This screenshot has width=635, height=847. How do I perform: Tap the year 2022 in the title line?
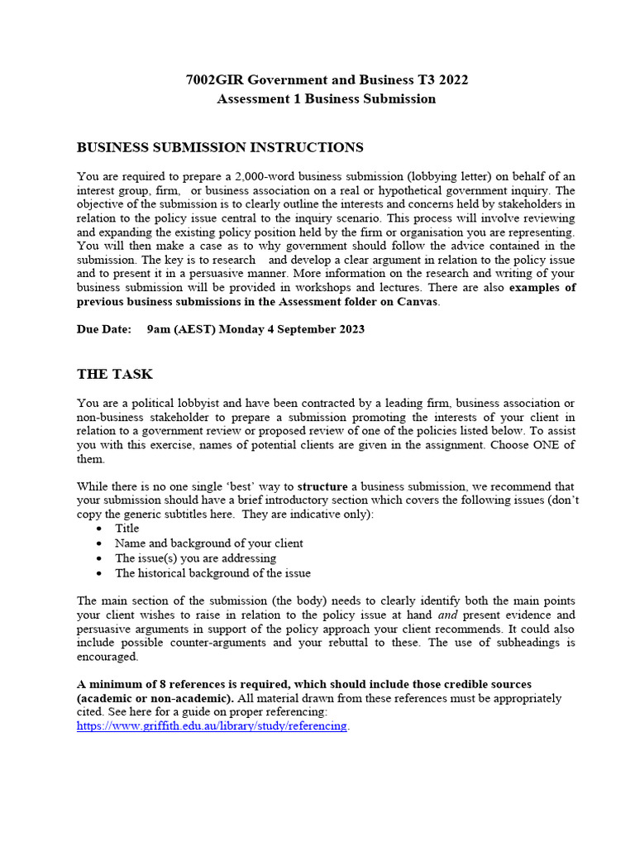(451, 80)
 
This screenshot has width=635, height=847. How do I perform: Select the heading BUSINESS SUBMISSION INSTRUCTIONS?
(219, 147)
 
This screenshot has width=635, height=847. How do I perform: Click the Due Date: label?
(104, 328)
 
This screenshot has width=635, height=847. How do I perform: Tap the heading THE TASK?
(115, 374)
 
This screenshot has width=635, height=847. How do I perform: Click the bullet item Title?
(127, 529)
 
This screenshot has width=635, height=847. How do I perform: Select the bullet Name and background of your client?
(208, 543)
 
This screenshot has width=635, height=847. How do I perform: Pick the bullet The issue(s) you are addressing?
(195, 558)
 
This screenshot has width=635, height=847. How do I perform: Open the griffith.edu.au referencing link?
(212, 726)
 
